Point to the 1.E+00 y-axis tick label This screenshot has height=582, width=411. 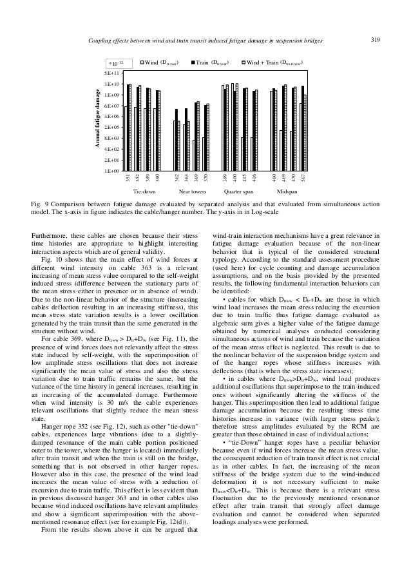(x=114, y=171)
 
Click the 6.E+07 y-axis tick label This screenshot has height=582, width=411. (x=114, y=106)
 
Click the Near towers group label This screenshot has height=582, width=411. (x=191, y=192)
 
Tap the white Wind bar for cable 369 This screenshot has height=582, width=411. (x=194, y=155)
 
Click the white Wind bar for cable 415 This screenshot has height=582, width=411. (x=242, y=154)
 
